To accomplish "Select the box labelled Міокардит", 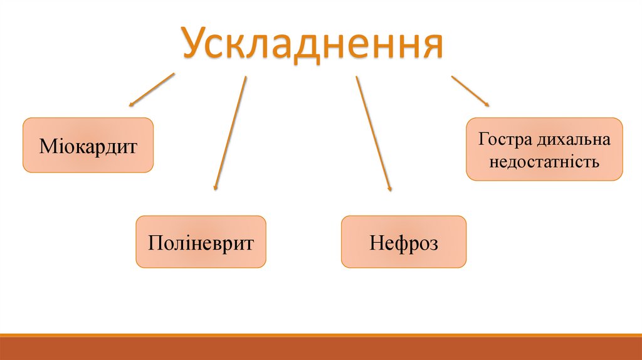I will click(x=88, y=145).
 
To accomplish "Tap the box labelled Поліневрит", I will click(x=201, y=242).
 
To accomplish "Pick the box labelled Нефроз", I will click(x=403, y=242).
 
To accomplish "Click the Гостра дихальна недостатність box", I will click(x=544, y=149).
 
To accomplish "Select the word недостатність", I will click(x=544, y=162).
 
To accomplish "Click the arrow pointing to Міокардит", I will click(x=152, y=89).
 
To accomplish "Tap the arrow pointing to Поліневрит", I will click(x=230, y=132).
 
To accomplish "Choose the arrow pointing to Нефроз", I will click(x=373, y=133).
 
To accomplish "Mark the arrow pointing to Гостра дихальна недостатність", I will click(x=470, y=91).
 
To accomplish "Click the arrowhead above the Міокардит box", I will click(x=131, y=103).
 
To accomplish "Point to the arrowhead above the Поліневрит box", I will click(x=216, y=187).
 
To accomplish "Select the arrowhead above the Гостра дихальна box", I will click(x=487, y=104).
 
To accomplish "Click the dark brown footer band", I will click(x=321, y=349).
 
